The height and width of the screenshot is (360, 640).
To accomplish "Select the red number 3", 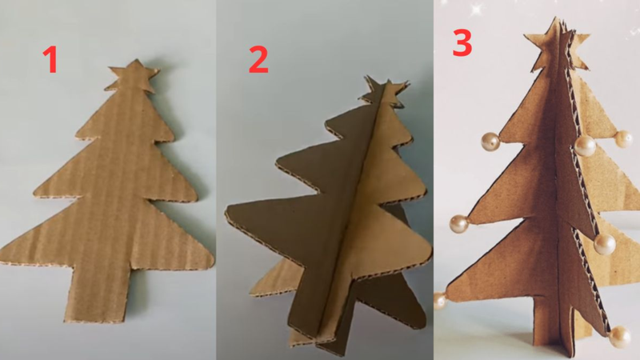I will tap(462, 42).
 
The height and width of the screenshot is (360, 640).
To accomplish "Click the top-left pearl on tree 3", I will tap(490, 142).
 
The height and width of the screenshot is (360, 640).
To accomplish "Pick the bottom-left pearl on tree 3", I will tap(441, 300).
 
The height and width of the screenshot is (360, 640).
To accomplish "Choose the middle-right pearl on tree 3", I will tap(606, 243).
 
